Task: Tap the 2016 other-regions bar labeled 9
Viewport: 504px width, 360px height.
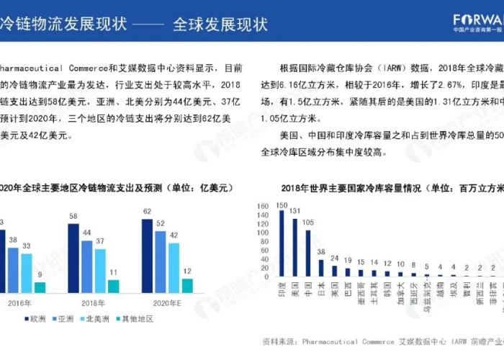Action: click(40, 287)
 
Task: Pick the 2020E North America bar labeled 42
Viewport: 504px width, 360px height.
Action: click(174, 268)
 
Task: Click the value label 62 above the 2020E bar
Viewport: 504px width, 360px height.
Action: click(147, 212)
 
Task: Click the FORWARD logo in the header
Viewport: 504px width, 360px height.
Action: click(478, 19)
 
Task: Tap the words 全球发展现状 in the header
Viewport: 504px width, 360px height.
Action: click(220, 24)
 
